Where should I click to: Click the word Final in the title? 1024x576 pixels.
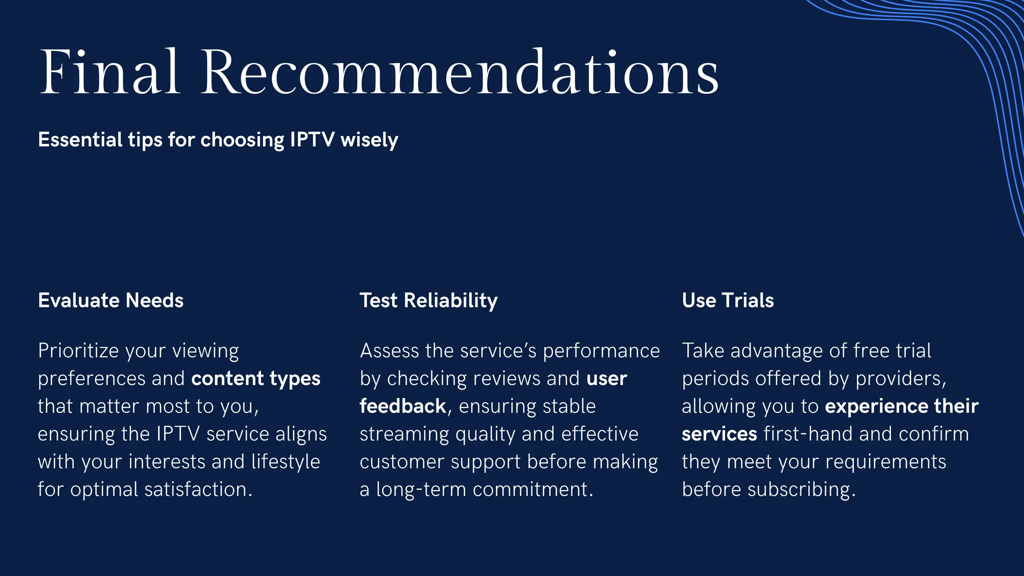[109, 72]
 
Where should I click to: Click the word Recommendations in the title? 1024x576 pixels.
[460, 72]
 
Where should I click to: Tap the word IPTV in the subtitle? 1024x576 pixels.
[312, 140]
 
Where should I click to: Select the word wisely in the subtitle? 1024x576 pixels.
[369, 140]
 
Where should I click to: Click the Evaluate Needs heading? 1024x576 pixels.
[110, 300]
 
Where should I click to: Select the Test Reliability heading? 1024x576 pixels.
[428, 300]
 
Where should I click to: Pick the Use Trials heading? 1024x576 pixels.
[727, 300]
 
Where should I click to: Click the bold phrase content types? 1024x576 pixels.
[255, 379]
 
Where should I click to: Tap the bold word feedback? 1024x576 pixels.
[402, 406]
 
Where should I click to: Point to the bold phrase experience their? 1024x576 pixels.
[901, 406]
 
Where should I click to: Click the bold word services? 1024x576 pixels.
[719, 434]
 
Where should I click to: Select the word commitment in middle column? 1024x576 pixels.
[532, 489]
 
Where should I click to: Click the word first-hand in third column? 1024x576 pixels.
[808, 434]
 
